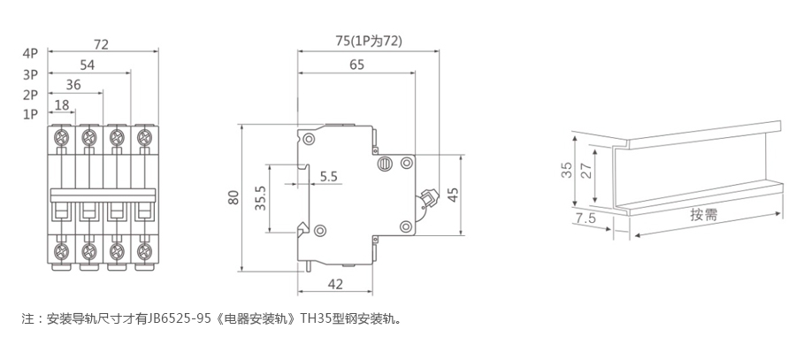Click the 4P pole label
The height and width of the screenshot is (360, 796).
tap(30, 53)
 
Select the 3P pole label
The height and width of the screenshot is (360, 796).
tap(30, 74)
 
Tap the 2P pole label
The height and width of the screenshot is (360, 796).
tap(30, 95)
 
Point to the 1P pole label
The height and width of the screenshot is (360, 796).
tap(30, 114)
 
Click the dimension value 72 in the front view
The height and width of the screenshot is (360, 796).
tap(101, 43)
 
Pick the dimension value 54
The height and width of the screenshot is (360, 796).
tap(88, 65)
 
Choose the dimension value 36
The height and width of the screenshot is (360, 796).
tap(74, 85)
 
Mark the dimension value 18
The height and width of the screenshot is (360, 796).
tap(63, 105)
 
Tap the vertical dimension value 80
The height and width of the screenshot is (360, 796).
tap(233, 197)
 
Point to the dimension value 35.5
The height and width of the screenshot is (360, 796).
tap(260, 196)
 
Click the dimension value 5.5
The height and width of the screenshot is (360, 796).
tap(329, 176)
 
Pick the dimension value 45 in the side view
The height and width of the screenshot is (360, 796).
tap(453, 195)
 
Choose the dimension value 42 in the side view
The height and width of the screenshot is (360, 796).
tap(335, 284)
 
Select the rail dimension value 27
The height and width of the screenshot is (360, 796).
tap(586, 172)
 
